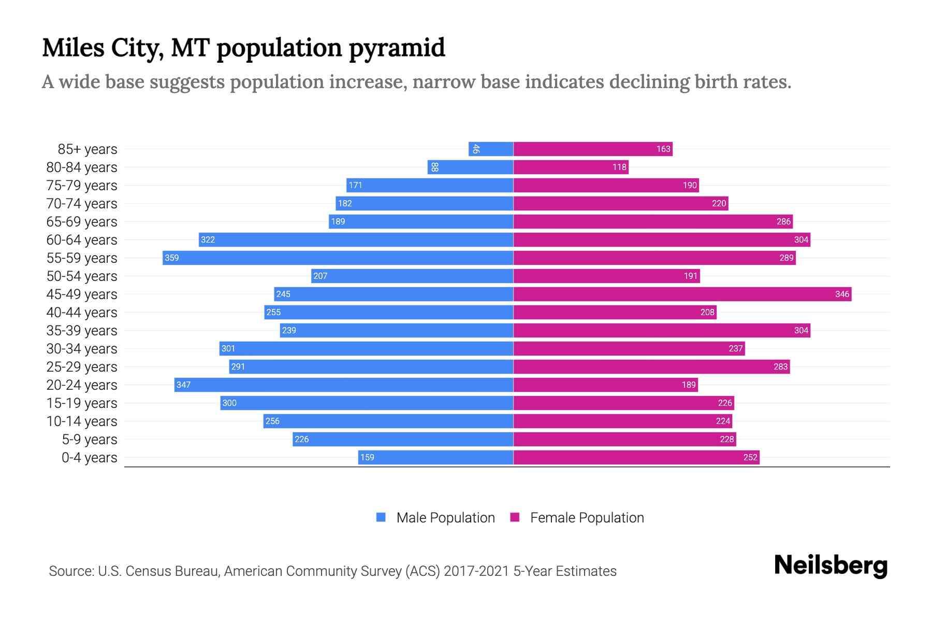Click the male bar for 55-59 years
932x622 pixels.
coord(338,258)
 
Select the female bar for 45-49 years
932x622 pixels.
coord(682,294)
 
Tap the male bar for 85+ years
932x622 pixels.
coord(491,149)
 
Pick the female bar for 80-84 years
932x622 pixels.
coord(571,167)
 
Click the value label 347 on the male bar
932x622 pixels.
coord(183,385)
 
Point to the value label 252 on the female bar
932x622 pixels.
coord(750,457)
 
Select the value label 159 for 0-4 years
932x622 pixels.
coord(367,457)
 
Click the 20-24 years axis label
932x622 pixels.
coord(82,385)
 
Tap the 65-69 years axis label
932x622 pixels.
coord(82,221)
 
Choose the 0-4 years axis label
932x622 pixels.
coord(89,457)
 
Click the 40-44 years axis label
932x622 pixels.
coord(82,312)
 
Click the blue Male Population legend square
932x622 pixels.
coord(381,517)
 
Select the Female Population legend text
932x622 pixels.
coord(587,517)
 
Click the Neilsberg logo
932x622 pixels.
coord(831,566)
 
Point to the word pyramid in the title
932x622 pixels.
coord(397,48)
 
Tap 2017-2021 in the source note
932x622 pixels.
coord(476,571)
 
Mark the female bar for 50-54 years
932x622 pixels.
coord(606,276)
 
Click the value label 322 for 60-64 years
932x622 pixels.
coord(208,239)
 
